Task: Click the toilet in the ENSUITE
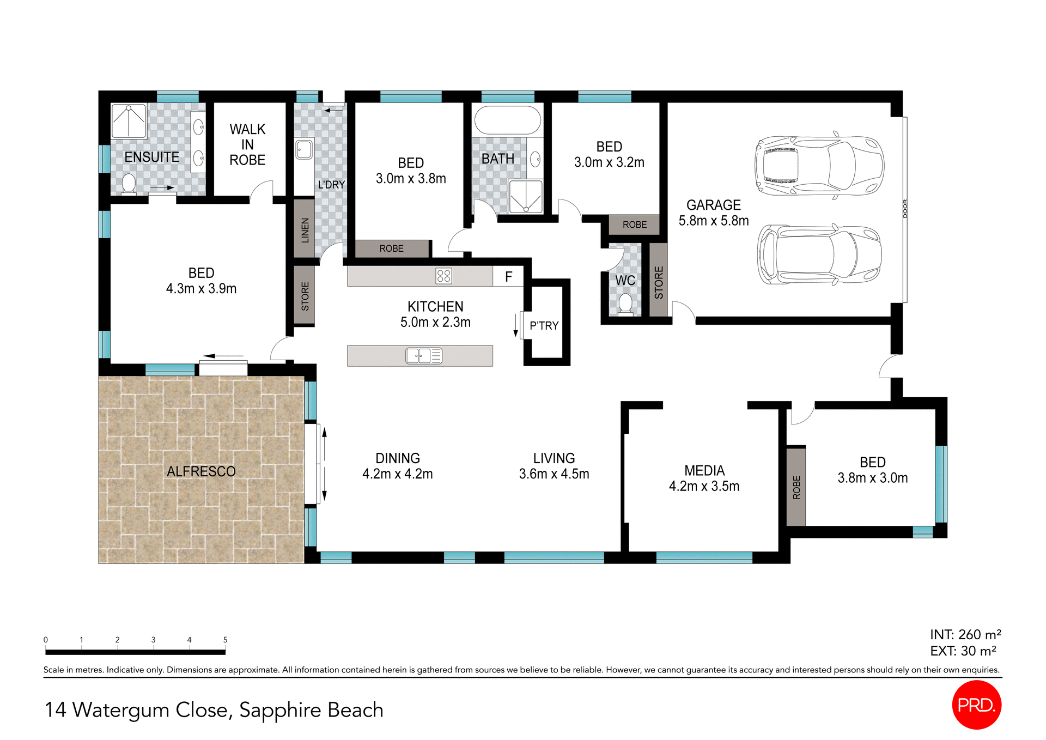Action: (129, 184)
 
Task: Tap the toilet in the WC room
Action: (625, 304)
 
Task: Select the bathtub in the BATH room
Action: (507, 120)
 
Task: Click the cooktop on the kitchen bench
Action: (443, 276)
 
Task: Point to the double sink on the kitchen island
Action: (424, 356)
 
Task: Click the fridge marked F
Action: (508, 277)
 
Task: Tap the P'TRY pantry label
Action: (544, 326)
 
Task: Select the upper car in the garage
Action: (818, 166)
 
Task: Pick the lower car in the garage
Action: (819, 254)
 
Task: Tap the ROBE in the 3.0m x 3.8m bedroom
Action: (391, 248)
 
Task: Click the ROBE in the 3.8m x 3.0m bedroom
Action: (796, 487)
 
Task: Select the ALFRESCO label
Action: (201, 471)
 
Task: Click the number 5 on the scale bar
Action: (225, 640)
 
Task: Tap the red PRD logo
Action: (976, 705)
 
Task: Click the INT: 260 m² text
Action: (965, 635)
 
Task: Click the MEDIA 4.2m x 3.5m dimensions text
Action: (704, 486)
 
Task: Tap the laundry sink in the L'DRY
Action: (304, 149)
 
